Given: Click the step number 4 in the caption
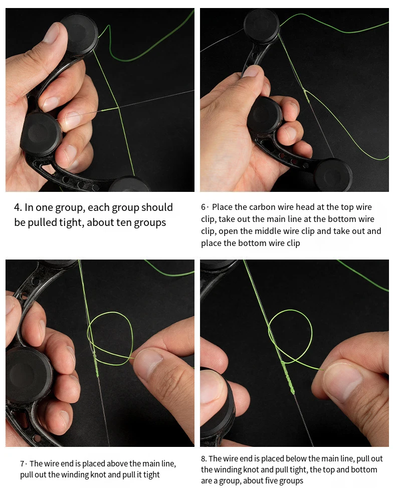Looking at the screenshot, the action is (x=18, y=207).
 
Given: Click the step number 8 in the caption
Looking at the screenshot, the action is (x=204, y=459).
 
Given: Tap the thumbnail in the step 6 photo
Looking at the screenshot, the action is (x=251, y=71).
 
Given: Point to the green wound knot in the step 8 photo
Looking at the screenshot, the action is (x=287, y=377).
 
